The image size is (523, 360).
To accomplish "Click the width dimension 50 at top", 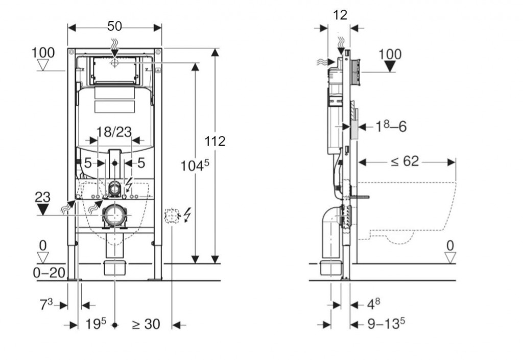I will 114,26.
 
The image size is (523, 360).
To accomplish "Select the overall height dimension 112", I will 215,141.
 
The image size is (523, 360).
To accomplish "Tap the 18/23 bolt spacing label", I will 114,132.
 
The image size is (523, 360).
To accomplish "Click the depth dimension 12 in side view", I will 340,15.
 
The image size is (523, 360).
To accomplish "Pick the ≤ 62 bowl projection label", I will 405,162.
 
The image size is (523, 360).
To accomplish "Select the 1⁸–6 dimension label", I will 391,126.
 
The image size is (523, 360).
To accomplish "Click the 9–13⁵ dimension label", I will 386,324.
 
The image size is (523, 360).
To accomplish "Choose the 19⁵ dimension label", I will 96,324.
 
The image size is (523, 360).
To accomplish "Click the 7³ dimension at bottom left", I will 46,305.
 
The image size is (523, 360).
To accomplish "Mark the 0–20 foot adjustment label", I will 49,273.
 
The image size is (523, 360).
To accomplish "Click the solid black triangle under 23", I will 43,209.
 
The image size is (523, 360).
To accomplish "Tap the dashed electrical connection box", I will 172,216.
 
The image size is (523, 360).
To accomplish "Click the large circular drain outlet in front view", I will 114,215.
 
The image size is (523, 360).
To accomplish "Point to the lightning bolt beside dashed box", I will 186,214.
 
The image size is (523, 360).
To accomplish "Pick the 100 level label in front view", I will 43,53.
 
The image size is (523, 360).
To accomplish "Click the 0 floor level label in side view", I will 449,246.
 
